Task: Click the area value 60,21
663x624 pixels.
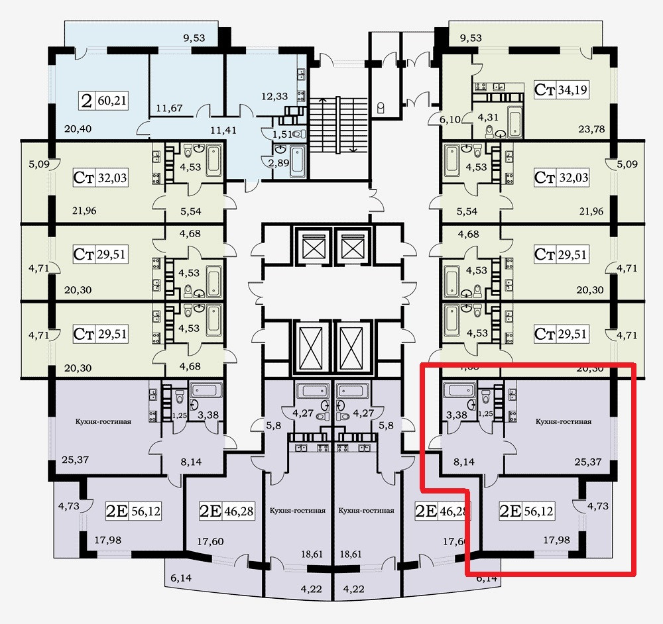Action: coord(111,101)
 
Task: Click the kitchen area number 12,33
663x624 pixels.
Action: coord(274,96)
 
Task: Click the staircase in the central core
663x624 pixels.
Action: coord(339,125)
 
